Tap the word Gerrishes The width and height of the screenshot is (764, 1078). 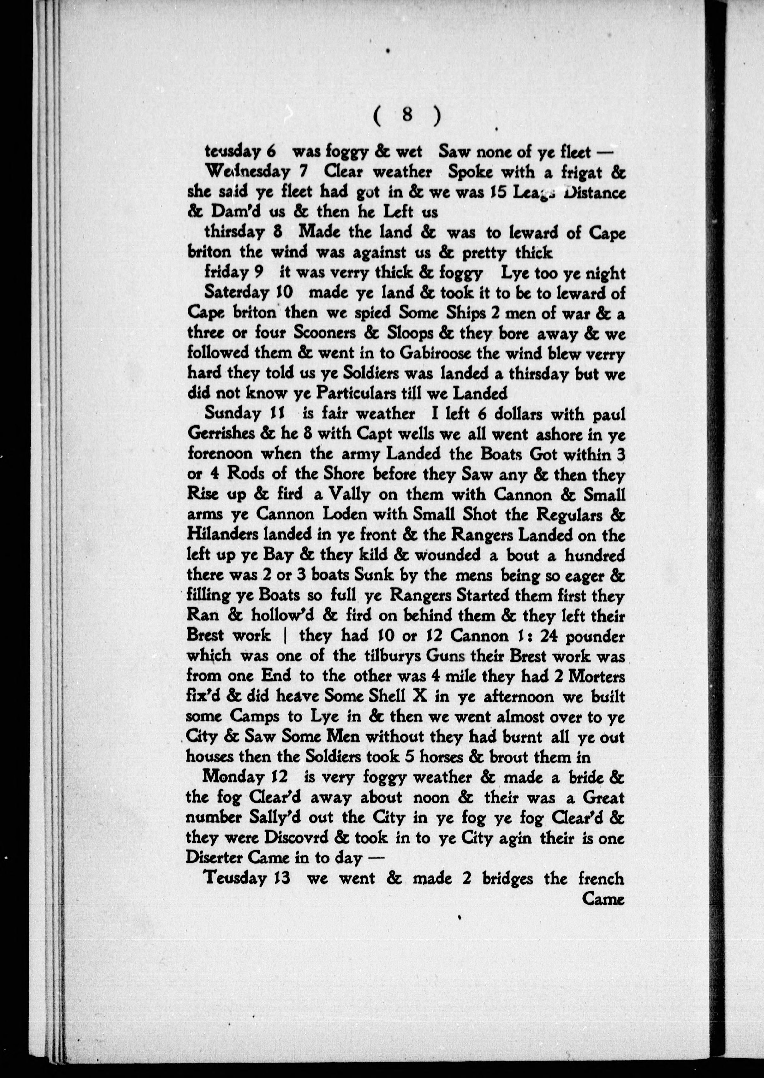(221, 435)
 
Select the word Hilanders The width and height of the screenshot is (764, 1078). (223, 535)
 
